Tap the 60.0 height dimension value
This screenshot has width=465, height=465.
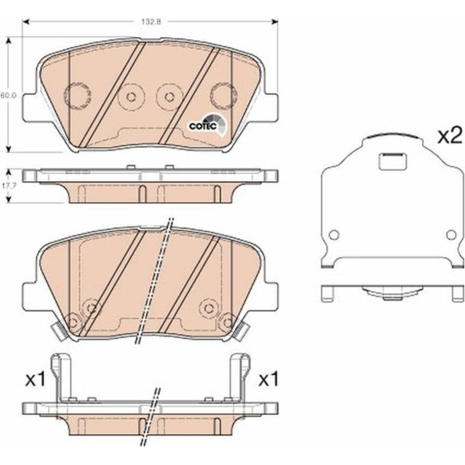(x=8, y=95)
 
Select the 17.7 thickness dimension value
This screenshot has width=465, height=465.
(x=8, y=186)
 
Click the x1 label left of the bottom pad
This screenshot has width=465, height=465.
(x=35, y=379)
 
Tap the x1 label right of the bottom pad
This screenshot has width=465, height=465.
(x=268, y=379)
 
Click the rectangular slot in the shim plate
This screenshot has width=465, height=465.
(x=392, y=162)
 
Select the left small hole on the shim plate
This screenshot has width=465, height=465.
(x=334, y=235)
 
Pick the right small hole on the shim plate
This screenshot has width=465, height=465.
(x=451, y=235)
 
